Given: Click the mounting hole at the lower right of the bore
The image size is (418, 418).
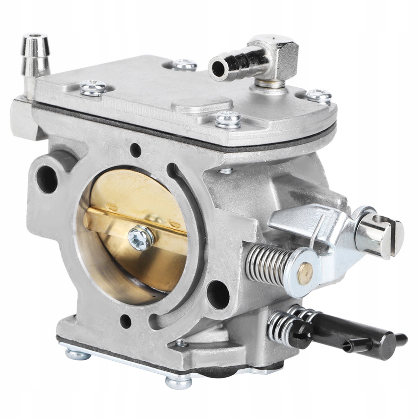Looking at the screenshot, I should pos(218,294).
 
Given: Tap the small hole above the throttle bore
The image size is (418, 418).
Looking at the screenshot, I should pos(136,150).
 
